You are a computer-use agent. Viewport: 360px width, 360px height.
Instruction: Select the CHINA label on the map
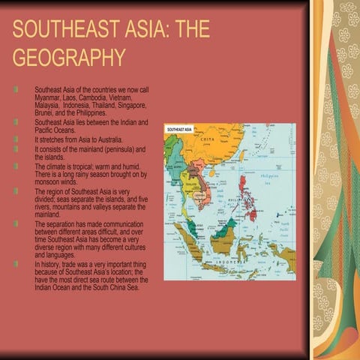coord(208,139)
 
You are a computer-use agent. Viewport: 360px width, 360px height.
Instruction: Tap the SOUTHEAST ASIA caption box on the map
coord(181,130)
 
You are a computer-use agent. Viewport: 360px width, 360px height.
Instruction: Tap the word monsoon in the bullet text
coord(49,181)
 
